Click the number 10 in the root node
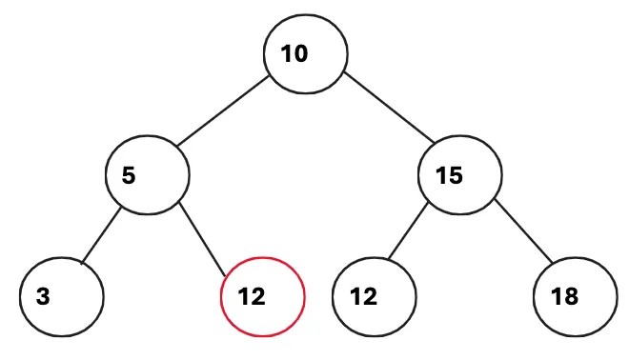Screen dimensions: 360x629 coord(294,53)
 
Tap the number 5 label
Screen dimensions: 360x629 coord(129,176)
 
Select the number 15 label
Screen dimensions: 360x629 coord(448,176)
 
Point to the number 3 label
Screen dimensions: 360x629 coord(43,296)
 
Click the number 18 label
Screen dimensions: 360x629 coord(564,296)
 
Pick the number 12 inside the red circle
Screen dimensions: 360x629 coord(252,296)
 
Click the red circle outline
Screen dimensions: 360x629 coord(262,256)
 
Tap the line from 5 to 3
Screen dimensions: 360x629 coord(101,234)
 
